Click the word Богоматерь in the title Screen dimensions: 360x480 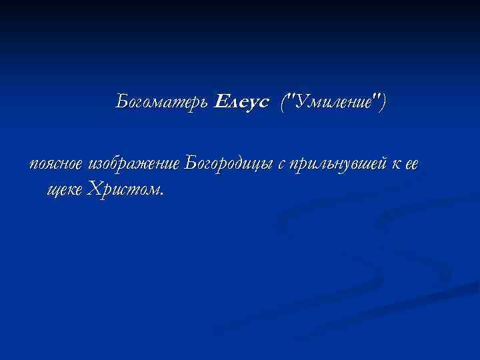tap(163, 103)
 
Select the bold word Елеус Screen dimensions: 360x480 tap(242, 103)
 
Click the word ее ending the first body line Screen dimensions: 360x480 tap(411, 164)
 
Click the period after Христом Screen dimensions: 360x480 tap(161, 195)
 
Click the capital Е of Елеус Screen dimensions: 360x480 tap(221, 102)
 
